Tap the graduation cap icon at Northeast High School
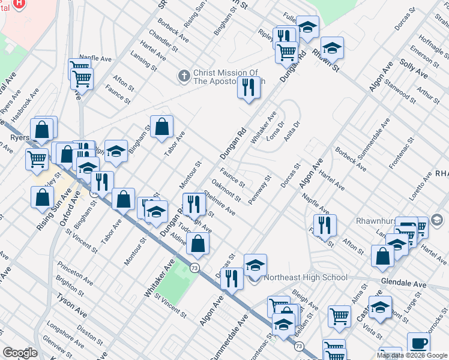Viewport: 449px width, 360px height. [255, 264]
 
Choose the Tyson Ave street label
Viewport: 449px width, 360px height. [72, 305]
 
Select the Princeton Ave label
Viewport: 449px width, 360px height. [75, 272]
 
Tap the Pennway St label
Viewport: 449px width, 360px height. [260, 189]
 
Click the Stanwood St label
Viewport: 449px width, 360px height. [400, 88]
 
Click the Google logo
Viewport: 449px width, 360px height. [20, 353]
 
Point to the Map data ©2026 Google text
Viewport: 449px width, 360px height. [411, 355]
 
